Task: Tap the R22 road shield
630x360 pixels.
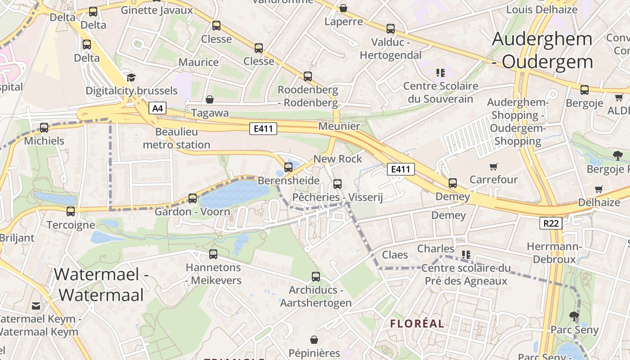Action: click(551, 223)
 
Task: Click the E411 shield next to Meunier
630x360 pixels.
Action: click(263, 129)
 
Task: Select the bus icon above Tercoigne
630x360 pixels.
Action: click(71, 211)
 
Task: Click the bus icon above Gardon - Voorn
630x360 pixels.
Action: click(193, 198)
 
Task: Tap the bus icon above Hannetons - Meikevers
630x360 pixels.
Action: click(213, 254)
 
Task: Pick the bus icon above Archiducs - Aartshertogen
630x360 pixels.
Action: click(316, 277)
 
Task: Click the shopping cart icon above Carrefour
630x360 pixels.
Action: click(494, 167)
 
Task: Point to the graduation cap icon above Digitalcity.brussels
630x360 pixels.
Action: click(131, 77)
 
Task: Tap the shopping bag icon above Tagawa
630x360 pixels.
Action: click(209, 99)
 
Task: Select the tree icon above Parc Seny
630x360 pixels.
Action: click(574, 316)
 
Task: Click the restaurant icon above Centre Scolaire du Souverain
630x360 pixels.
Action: click(440, 72)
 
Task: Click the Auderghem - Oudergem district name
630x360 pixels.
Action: click(542, 49)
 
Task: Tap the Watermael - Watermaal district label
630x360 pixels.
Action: click(101, 284)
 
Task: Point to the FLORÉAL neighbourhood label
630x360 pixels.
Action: click(417, 324)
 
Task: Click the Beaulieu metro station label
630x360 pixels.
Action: click(176, 138)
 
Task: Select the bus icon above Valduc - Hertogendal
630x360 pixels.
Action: click(391, 29)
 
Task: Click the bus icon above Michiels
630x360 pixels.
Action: click(44, 128)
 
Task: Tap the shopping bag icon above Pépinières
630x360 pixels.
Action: click(314, 340)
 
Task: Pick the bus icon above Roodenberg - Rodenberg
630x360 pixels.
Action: click(308, 76)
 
